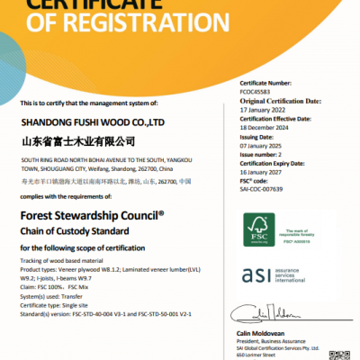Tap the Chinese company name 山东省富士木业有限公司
pyautogui.click(x=77, y=141)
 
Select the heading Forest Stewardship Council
pyautogui.click(x=91, y=216)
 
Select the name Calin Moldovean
pyautogui.click(x=260, y=328)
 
